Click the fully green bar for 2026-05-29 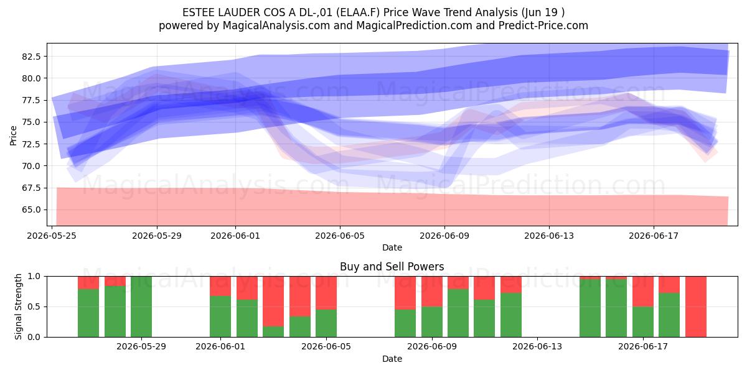141,306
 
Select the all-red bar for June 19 696,306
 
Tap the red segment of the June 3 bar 273,301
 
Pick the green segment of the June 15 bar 590,308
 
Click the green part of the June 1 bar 220,316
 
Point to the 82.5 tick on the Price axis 31,57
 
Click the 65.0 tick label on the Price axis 31,210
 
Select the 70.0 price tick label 31,166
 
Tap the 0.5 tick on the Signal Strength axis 33,306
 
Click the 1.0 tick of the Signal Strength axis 33,276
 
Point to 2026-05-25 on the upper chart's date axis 52,236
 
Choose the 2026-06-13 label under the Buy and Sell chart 537,347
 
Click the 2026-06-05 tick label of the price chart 340,236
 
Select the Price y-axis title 13,136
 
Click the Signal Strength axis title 18,306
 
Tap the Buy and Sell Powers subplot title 392,267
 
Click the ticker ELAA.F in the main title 358,12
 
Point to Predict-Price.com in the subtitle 543,25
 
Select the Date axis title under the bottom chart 392,359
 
